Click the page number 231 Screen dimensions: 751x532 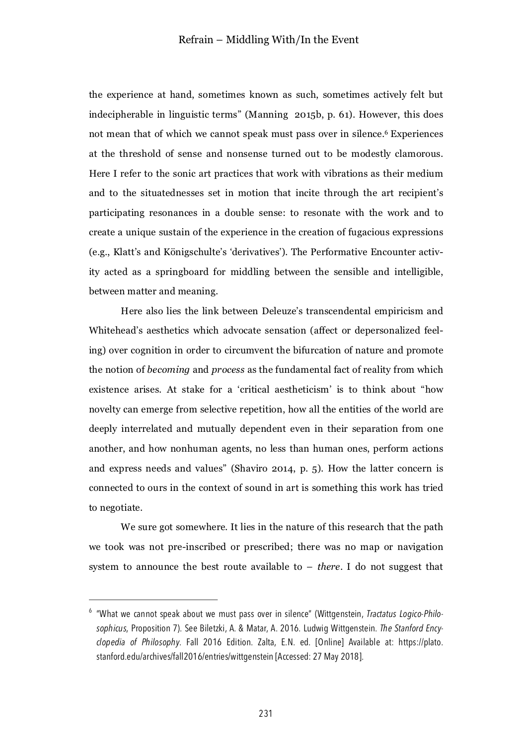click(266, 714)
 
